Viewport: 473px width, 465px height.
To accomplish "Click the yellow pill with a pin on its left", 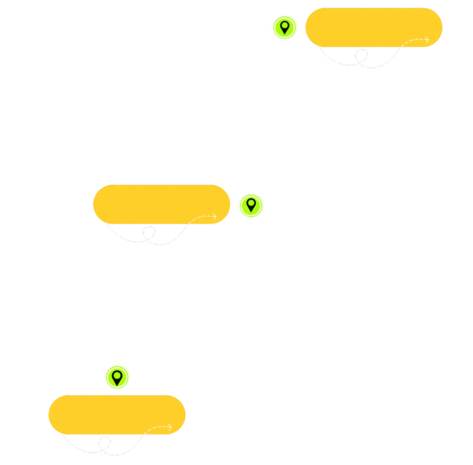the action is click(x=374, y=27).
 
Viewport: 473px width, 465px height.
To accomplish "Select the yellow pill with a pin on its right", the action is click(x=162, y=204).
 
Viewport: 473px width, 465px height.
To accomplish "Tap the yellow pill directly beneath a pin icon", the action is click(x=116, y=414).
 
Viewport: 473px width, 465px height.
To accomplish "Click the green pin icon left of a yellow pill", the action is click(x=285, y=27).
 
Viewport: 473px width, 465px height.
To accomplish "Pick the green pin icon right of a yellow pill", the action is click(x=251, y=205).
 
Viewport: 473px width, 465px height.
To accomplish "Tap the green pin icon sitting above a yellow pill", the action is click(x=117, y=376).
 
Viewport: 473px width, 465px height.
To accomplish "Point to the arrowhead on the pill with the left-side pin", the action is click(x=427, y=40).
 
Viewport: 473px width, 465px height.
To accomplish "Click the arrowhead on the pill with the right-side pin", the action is click(x=215, y=217).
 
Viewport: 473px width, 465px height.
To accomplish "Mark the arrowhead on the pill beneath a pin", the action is click(x=170, y=427).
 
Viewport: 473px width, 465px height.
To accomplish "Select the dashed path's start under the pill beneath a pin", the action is click(x=62, y=435).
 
